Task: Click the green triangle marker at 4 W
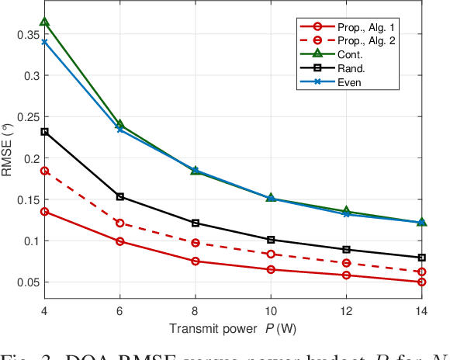44,22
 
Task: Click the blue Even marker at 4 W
44,42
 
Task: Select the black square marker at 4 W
44,132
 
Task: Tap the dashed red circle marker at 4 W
44,171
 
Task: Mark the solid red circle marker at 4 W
44,211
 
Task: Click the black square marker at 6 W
119,196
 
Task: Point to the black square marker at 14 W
421,257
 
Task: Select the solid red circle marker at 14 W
421,282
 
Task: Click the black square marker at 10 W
271,240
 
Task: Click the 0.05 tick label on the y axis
27,282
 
